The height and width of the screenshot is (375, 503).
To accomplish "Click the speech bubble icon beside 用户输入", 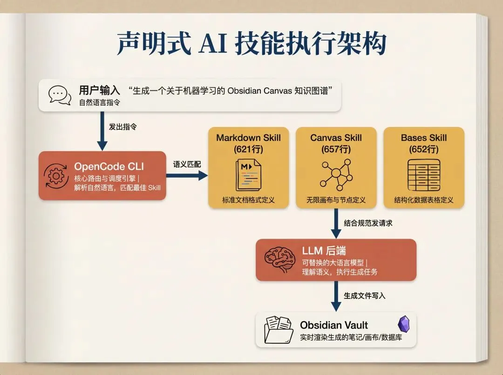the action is tap(60, 95).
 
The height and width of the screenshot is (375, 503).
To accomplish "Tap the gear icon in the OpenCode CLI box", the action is tap(56, 176).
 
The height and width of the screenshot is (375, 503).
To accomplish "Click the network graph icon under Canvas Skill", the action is tap(336, 174).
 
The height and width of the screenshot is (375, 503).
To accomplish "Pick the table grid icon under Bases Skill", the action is tap(423, 174).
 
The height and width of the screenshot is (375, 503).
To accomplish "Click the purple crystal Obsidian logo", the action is tap(403, 324).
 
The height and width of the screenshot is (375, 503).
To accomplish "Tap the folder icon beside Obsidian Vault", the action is tap(279, 329).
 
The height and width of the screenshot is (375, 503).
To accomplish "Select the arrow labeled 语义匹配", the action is tap(187, 175).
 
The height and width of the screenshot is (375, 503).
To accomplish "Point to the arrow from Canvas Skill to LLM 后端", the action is tap(336, 224).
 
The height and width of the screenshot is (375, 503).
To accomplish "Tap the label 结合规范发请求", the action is tap(368, 223).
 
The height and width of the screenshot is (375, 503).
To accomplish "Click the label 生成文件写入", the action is tap(365, 295).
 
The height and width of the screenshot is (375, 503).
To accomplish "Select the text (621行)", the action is tap(249, 149).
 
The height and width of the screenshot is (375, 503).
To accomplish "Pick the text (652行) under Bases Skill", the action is tap(423, 149).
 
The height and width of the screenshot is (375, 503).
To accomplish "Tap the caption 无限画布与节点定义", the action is tap(336, 200).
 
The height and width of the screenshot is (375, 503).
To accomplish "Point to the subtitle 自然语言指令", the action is tap(99, 102).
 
